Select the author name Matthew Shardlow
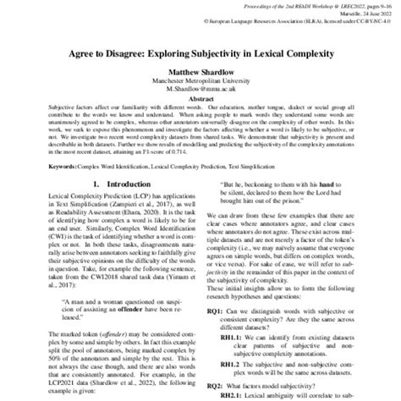tap(200, 74)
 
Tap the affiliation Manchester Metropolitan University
tap(200, 83)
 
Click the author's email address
tap(200, 91)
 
